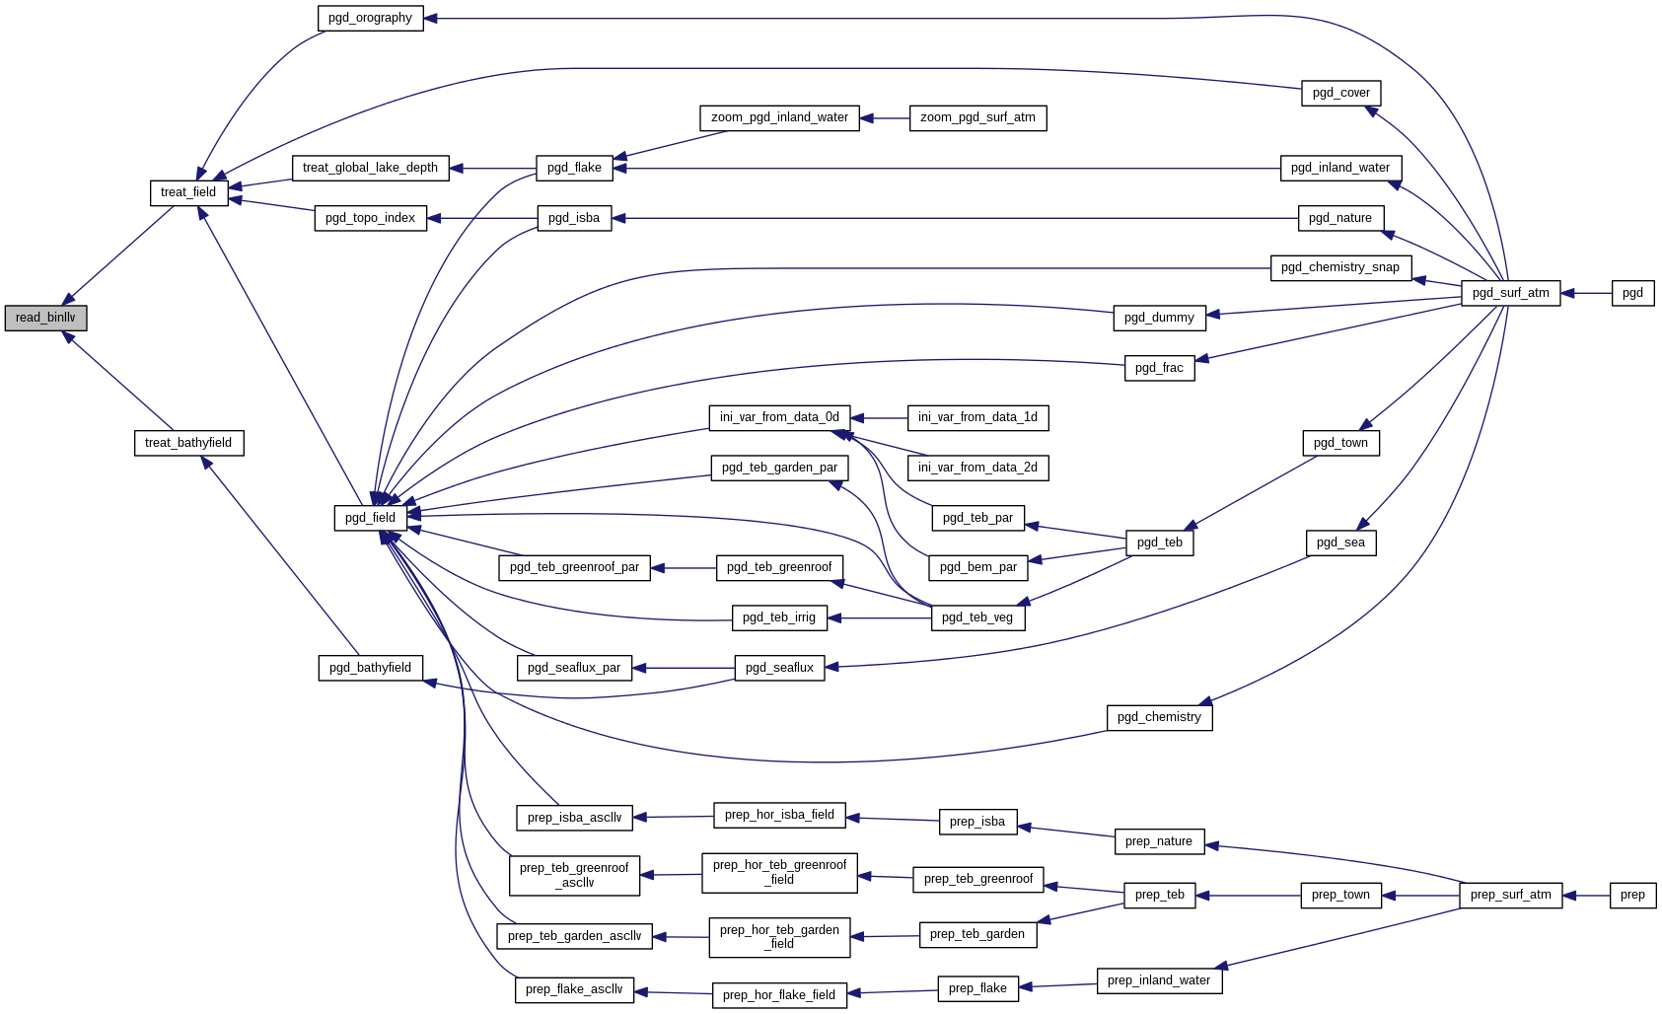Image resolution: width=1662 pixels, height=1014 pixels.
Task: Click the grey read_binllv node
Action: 45,318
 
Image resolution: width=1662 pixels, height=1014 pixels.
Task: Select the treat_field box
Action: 188,192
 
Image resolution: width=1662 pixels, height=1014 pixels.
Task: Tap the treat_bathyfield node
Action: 188,443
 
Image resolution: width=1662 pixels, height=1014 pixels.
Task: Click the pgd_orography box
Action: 370,18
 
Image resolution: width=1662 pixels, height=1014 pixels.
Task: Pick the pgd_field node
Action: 370,518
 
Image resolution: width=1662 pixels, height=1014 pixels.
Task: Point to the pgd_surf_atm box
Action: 1510,293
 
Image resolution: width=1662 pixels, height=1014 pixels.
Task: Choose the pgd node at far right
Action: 1632,293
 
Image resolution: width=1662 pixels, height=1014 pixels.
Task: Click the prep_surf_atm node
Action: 1510,896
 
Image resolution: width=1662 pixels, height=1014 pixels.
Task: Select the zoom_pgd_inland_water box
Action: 779,117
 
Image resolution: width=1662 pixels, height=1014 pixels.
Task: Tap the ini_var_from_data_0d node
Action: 779,417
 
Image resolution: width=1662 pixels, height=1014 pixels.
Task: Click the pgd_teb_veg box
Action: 977,617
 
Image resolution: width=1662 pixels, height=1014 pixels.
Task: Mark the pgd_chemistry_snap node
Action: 1340,267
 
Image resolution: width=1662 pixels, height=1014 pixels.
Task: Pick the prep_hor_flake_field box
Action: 779,995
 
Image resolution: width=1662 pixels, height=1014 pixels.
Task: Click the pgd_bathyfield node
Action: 370,668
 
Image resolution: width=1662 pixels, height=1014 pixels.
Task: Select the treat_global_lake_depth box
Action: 370,168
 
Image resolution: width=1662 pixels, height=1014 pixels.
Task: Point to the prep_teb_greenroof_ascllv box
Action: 574,876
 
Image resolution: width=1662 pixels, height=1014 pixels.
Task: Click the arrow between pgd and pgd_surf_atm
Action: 1586,293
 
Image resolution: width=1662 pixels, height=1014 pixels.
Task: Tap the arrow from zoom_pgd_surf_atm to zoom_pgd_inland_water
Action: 885,118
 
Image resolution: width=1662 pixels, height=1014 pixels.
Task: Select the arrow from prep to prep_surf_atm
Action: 1586,896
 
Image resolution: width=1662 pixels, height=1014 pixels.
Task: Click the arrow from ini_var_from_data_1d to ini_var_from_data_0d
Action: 879,418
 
